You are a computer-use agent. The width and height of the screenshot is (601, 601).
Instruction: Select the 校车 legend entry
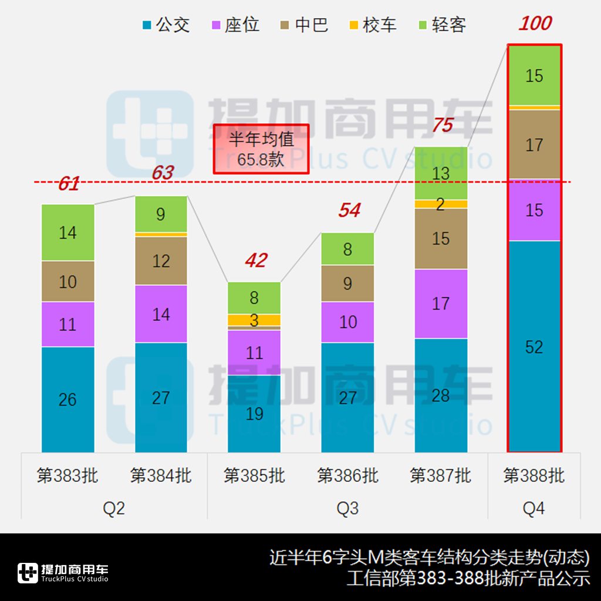pyautogui.click(x=373, y=25)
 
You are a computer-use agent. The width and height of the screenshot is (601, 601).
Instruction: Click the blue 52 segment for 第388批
pyautogui.click(x=534, y=346)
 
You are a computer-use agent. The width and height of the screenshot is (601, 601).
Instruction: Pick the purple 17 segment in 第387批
pyautogui.click(x=441, y=303)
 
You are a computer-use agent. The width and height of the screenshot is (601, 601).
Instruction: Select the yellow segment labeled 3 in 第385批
pyautogui.click(x=254, y=320)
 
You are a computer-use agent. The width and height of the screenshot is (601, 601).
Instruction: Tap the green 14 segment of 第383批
pyautogui.click(x=67, y=232)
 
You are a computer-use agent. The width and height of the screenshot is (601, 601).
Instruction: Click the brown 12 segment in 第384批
pyautogui.click(x=161, y=261)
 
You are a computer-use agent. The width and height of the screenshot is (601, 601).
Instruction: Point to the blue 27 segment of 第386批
pyautogui.click(x=347, y=397)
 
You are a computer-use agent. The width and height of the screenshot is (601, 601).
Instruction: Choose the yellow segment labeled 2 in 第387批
pyautogui.click(x=441, y=204)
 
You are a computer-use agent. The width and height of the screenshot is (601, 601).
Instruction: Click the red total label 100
pyautogui.click(x=535, y=23)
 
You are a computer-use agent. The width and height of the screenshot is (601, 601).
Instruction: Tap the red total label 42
pyautogui.click(x=256, y=261)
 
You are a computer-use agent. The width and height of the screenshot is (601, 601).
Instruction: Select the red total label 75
pyautogui.click(x=443, y=126)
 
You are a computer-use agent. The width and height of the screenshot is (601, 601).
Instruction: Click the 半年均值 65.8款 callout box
pyautogui.click(x=261, y=149)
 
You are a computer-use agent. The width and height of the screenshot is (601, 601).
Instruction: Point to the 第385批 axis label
pyautogui.click(x=254, y=475)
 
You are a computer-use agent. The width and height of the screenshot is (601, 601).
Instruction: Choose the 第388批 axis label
pyautogui.click(x=534, y=475)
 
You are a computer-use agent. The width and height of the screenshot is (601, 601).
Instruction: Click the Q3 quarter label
pyautogui.click(x=347, y=508)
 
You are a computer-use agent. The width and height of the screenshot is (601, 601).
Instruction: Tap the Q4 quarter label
pyautogui.click(x=534, y=508)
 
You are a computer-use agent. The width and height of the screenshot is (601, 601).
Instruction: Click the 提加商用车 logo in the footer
pyautogui.click(x=63, y=573)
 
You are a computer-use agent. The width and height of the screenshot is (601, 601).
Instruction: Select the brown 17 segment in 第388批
pyautogui.click(x=534, y=144)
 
